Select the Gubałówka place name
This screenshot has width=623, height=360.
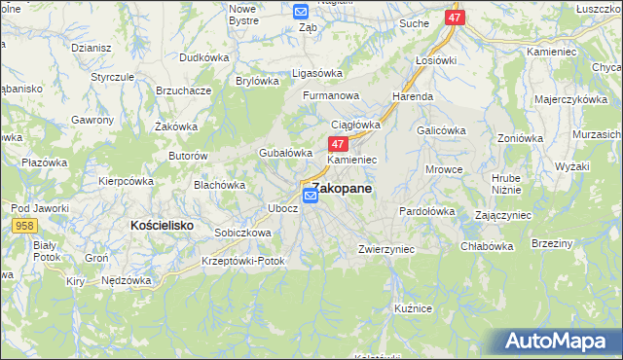pyautogui.click(x=284, y=153)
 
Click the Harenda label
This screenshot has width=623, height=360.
pyautogui.click(x=413, y=97)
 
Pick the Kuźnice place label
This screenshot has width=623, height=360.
pyautogui.click(x=413, y=307)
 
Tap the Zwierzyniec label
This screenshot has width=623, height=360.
pyautogui.click(x=386, y=249)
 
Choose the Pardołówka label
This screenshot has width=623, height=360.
pyautogui.click(x=427, y=210)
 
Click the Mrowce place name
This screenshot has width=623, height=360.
pyautogui.click(x=445, y=169)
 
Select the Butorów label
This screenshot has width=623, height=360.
pyautogui.click(x=189, y=156)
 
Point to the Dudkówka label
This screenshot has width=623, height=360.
pyautogui.click(x=203, y=57)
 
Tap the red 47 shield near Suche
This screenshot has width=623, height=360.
pyautogui.click(x=456, y=18)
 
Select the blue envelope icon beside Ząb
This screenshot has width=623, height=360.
pyautogui.click(x=301, y=12)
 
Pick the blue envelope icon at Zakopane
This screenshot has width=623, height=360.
pyautogui.click(x=311, y=196)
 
